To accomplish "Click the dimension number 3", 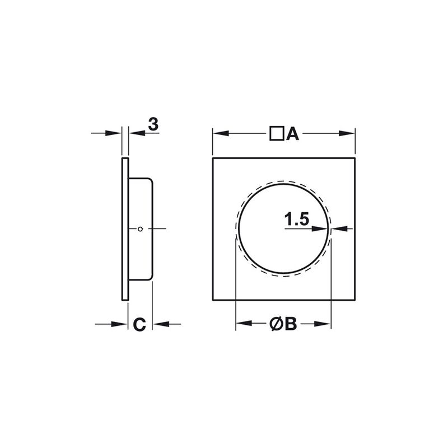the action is (x=153, y=124).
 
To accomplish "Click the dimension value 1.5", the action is (x=297, y=220).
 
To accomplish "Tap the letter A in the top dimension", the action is (x=292, y=134).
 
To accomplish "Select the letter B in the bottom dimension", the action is (x=291, y=324).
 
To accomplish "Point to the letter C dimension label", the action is (x=139, y=324).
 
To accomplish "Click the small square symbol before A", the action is (x=277, y=133).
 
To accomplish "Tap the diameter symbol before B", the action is (x=276, y=324).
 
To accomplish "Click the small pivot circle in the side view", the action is (x=140, y=228).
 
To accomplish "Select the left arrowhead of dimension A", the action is (x=221, y=133).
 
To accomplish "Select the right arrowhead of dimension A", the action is (x=347, y=133).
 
